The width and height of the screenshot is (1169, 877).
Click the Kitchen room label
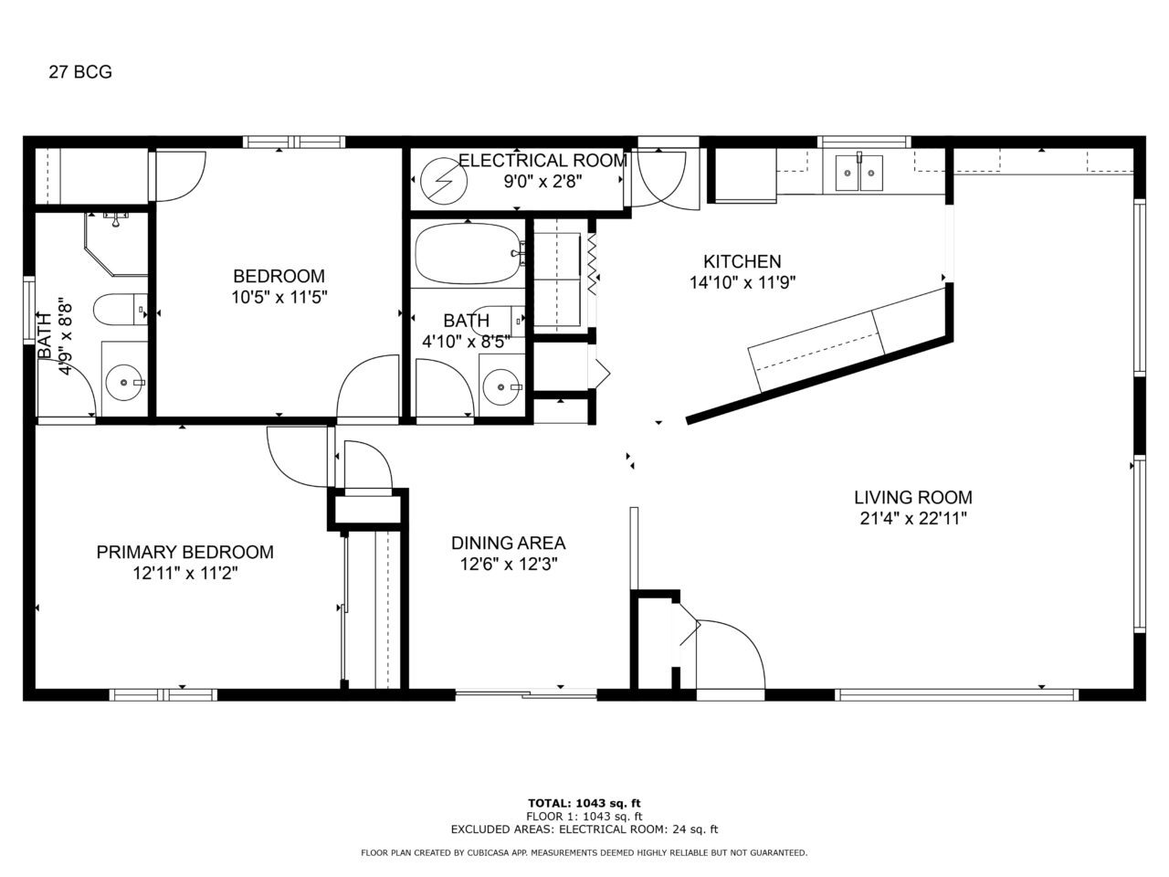742,261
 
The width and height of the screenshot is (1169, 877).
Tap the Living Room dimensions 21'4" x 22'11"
913,518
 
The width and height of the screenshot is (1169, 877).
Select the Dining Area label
508,543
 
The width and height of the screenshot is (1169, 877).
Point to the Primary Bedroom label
184,552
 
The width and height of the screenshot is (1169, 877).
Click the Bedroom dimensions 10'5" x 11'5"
279,297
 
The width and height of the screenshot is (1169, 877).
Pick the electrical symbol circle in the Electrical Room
444,181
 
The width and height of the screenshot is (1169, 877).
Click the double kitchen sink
858,173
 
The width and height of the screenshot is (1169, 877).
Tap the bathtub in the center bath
469,253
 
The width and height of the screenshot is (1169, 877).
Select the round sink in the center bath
501,386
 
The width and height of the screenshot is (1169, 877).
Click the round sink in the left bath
124,383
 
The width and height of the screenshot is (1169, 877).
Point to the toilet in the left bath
121,309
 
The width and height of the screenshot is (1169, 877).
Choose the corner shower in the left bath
116,245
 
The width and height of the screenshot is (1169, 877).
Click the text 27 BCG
80,72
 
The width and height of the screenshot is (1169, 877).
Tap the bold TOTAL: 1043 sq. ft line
584,803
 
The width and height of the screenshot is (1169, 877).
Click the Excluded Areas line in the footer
584,829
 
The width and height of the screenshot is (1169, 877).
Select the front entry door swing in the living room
731,654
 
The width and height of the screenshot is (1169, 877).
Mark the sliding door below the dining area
526,693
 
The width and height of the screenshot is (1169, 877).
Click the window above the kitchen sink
864,143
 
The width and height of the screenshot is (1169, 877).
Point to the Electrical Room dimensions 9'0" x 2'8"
542,182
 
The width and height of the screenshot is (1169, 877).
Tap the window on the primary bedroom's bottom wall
163,695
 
